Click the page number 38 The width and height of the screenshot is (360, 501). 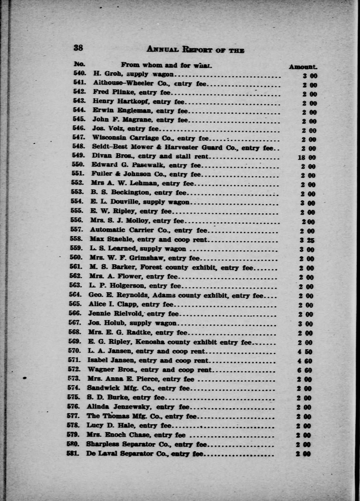[78, 48]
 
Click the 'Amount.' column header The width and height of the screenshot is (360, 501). [303, 67]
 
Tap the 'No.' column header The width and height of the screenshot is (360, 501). [79, 64]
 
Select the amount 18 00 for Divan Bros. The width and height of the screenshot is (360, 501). [307, 158]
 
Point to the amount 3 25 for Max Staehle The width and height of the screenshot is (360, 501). [307, 240]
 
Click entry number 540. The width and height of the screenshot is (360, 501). [80, 74]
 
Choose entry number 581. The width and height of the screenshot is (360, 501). [74, 453]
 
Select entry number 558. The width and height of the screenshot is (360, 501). [77, 239]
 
